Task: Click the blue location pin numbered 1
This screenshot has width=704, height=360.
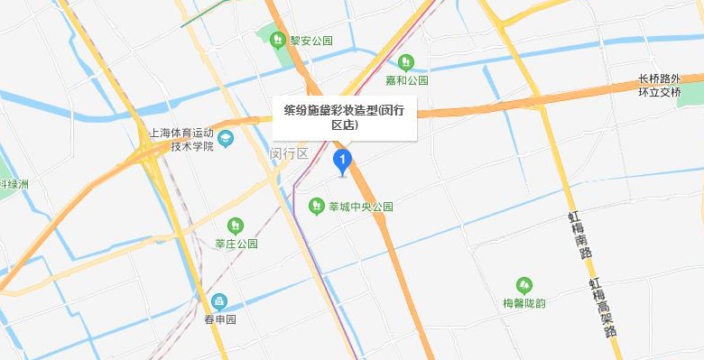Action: click(343, 162)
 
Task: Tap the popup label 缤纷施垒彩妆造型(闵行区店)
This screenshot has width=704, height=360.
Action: click(344, 117)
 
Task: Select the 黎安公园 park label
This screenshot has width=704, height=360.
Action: click(311, 41)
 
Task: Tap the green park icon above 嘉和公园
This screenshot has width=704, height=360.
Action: click(406, 62)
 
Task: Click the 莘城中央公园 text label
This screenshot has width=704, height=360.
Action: click(360, 207)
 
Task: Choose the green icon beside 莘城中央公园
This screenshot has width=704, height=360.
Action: click(316, 207)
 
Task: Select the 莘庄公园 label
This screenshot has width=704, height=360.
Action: click(236, 244)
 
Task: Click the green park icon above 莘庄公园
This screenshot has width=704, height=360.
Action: click(236, 226)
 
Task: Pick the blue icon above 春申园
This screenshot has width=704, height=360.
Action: click(218, 301)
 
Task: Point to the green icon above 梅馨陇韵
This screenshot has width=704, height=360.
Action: click(523, 285)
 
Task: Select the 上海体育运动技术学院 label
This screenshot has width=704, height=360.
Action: click(181, 139)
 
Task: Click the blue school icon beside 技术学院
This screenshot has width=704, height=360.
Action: click(226, 139)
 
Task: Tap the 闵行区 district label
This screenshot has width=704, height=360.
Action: click(290, 153)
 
